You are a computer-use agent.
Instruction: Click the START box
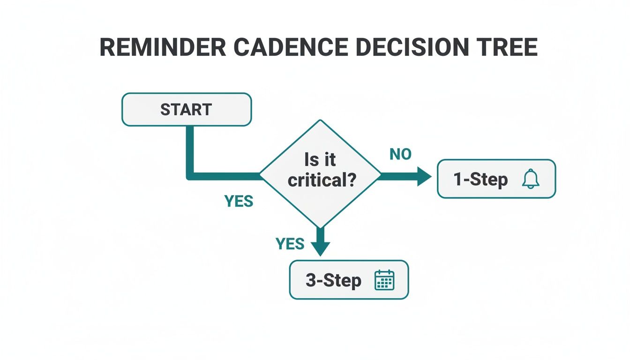(187, 109)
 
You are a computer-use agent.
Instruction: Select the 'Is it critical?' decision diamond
(321, 174)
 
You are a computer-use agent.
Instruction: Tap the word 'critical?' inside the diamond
(321, 180)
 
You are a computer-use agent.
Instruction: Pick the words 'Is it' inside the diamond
(321, 160)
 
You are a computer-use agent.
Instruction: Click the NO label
(400, 154)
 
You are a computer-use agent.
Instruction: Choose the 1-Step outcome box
(496, 179)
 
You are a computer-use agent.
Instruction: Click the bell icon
(531, 179)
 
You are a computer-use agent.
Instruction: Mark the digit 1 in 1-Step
(458, 180)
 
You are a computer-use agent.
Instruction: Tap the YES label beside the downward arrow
(290, 244)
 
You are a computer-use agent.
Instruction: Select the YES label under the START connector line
(239, 201)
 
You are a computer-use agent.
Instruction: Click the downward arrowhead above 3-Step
(321, 248)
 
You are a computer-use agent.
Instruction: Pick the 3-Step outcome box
(349, 280)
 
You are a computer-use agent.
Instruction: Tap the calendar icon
(384, 280)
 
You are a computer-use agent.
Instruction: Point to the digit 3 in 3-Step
(311, 280)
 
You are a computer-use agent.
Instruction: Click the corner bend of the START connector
(190, 176)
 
